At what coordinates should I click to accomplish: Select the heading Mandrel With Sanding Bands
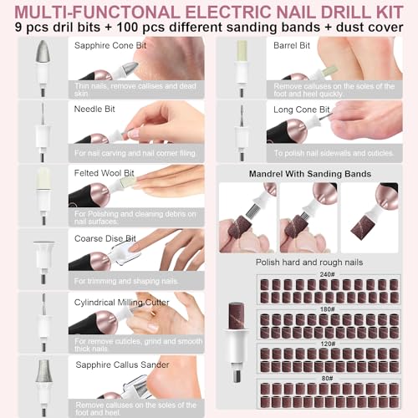click(x=311, y=173)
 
